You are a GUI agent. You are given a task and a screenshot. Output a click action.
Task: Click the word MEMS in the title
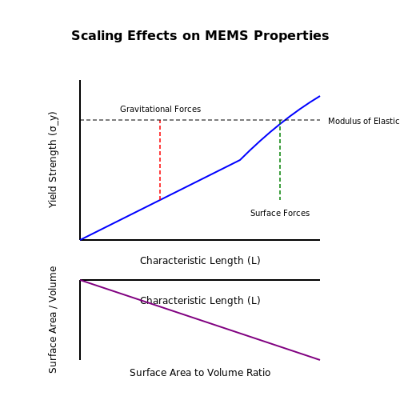tap(226, 35)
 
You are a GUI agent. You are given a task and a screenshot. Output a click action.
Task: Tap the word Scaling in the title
tap(97, 36)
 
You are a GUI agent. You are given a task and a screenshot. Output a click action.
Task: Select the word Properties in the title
tap(291, 36)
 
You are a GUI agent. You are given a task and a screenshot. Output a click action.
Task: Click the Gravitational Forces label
tap(160, 109)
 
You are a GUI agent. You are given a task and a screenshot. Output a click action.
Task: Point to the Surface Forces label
tap(280, 213)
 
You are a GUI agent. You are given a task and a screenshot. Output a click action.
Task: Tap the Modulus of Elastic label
tap(364, 121)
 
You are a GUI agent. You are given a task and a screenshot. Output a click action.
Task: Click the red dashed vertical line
tap(160, 160)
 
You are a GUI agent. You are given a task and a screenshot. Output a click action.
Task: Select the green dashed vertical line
tap(280, 160)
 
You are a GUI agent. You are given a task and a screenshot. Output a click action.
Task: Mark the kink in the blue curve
tap(240, 160)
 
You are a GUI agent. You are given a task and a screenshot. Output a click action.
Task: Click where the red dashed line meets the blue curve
tap(160, 200)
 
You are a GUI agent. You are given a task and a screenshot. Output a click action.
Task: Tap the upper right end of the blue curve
tap(320, 96)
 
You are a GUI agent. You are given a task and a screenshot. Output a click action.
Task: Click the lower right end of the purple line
tap(320, 360)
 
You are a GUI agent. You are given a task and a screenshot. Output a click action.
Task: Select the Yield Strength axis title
tap(53, 160)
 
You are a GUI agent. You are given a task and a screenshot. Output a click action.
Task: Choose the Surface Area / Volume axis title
tap(53, 320)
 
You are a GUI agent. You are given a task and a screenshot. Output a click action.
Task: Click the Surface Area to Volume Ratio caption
tap(200, 373)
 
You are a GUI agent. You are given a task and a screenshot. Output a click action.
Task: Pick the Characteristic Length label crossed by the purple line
tap(200, 301)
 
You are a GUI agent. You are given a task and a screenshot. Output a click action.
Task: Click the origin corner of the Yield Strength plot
tap(80, 240)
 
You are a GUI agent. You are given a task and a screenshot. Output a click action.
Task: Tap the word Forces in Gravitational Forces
tap(187, 109)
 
